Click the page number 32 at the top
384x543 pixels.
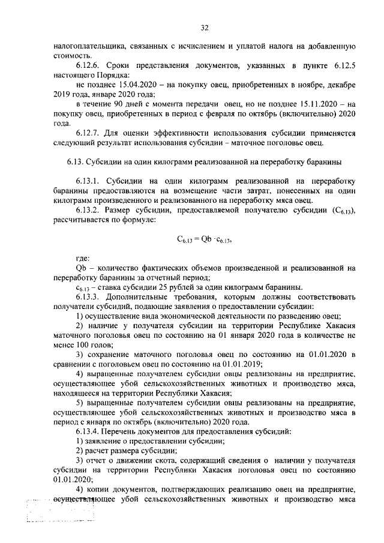[x=204, y=28]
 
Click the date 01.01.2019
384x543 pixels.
[x=242, y=364]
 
